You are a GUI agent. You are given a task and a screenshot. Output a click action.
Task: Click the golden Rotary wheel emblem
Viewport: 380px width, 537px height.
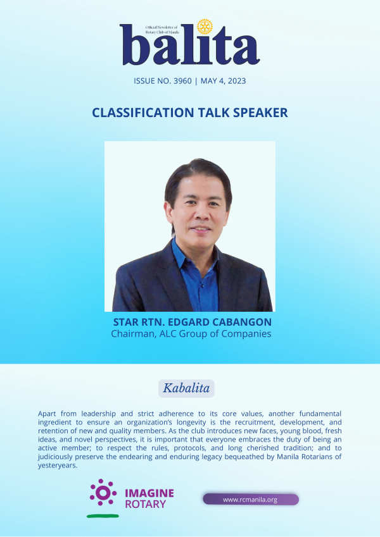click(x=205, y=27)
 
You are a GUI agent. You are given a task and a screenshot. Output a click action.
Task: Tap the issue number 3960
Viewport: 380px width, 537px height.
click(x=183, y=81)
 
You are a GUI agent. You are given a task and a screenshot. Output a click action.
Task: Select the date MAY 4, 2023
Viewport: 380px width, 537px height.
click(x=224, y=81)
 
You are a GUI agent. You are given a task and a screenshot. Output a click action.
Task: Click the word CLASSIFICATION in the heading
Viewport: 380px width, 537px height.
click(x=143, y=113)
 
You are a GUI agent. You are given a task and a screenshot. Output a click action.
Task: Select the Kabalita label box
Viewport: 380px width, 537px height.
click(x=186, y=388)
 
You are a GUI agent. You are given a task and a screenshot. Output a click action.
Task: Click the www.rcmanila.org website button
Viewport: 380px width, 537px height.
click(x=251, y=499)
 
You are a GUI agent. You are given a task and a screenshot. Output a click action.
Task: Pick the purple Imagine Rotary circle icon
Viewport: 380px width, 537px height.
click(x=103, y=493)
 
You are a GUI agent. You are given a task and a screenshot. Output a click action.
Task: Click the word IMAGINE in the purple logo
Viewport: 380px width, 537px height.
click(x=149, y=493)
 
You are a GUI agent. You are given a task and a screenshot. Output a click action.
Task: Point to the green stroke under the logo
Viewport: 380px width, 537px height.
click(x=103, y=515)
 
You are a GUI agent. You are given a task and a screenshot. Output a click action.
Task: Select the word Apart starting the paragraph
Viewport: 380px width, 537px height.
click(x=47, y=414)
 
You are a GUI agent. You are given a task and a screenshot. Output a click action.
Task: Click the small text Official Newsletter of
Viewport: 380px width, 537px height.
click(x=161, y=27)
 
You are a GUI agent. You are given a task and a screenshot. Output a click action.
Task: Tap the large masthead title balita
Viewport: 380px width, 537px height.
click(x=189, y=44)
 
